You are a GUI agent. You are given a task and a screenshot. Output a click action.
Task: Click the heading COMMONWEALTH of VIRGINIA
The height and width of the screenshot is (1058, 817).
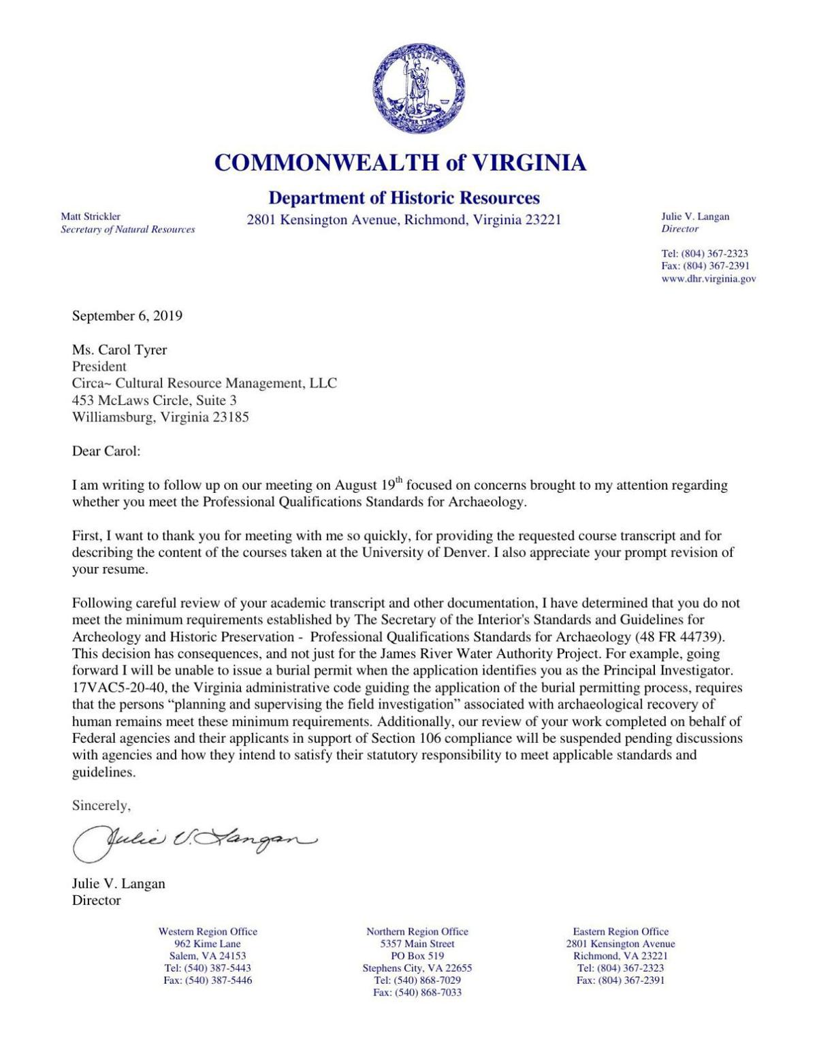pyautogui.click(x=400, y=163)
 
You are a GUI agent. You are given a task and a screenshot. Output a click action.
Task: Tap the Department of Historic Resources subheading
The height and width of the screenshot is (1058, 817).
pyautogui.click(x=404, y=198)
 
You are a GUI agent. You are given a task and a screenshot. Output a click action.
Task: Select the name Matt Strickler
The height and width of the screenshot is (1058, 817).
pyautogui.click(x=91, y=217)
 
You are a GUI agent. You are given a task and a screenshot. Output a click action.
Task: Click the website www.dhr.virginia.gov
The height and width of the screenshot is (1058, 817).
pyautogui.click(x=708, y=278)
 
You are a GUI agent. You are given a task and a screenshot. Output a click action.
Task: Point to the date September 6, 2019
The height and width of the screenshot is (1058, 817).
pyautogui.click(x=127, y=316)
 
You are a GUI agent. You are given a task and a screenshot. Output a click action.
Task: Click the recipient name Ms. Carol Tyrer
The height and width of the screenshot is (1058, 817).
pyautogui.click(x=119, y=350)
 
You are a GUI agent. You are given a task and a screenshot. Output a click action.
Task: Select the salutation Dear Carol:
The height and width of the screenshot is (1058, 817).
pyautogui.click(x=106, y=451)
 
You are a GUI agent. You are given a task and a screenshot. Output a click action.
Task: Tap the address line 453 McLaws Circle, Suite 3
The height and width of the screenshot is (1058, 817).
pyautogui.click(x=155, y=400)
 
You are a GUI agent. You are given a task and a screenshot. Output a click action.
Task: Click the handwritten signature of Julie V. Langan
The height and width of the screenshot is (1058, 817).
pyautogui.click(x=194, y=841)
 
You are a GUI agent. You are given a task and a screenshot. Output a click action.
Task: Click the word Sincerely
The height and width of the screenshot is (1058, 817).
pyautogui.click(x=101, y=805)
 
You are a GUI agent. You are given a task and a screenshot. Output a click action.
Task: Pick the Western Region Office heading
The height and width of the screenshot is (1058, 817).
pyautogui.click(x=208, y=931)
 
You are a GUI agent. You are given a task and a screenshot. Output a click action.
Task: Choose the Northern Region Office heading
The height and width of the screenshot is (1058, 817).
pyautogui.click(x=417, y=931)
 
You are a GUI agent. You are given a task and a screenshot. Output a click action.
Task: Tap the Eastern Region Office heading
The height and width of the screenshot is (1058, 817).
pyautogui.click(x=620, y=931)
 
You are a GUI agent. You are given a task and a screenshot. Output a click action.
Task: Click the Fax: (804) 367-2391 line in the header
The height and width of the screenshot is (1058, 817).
pyautogui.click(x=705, y=266)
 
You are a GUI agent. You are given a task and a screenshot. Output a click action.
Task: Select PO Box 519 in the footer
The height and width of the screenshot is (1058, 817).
pyautogui.click(x=417, y=956)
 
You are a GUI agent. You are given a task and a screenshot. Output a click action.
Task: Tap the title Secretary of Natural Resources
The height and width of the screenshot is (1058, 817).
pyautogui.click(x=128, y=229)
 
